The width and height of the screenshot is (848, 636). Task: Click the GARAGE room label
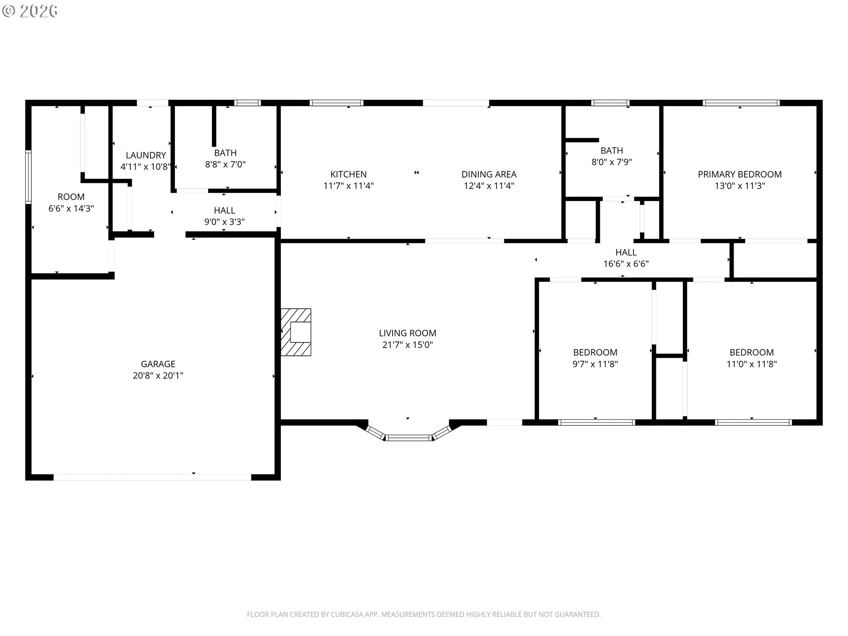click(158, 364)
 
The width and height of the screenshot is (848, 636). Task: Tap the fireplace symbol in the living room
click(296, 332)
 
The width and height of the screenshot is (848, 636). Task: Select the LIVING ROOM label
click(408, 333)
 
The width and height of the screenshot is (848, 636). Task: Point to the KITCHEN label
click(348, 174)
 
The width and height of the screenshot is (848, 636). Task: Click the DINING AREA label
click(489, 174)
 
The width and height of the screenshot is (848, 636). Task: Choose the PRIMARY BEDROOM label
click(740, 174)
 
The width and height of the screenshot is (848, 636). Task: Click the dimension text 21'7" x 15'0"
click(408, 344)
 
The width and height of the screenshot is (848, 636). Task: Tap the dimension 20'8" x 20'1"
click(158, 375)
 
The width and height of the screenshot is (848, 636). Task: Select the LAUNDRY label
click(146, 155)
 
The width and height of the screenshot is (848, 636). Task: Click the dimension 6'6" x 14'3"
click(71, 208)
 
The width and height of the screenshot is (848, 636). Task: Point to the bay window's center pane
click(409, 438)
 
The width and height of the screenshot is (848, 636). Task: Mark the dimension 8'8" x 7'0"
click(225, 164)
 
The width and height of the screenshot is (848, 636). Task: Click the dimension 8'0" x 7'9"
click(612, 162)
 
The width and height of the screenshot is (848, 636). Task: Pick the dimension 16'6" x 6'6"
click(626, 264)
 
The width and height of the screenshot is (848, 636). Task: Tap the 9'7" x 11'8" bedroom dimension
click(595, 364)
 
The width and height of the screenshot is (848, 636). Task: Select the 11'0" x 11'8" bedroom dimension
click(752, 364)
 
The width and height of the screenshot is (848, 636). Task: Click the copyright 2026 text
click(30, 11)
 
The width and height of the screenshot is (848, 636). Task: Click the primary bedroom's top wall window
click(742, 103)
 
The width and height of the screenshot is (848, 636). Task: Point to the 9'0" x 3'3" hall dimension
click(224, 222)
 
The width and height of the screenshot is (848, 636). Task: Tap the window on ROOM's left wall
click(28, 177)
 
